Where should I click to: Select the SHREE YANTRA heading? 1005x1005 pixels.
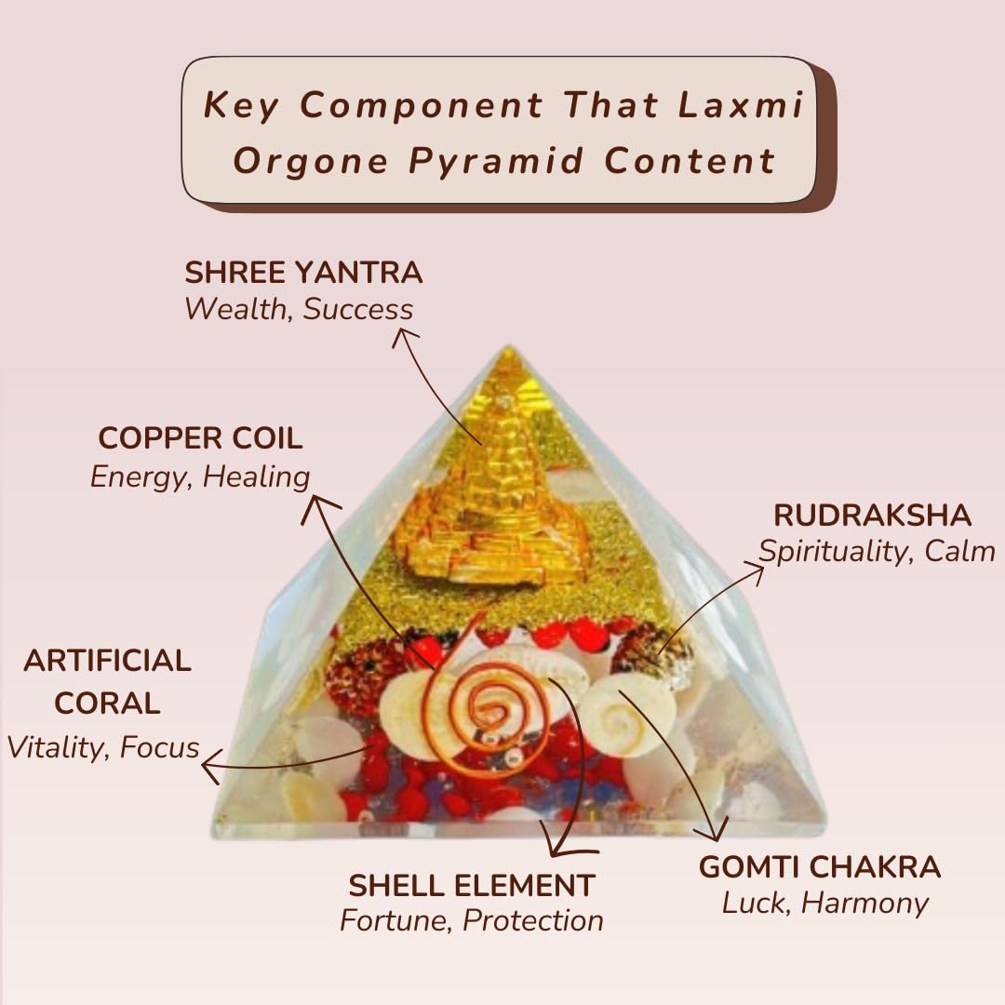(303, 273)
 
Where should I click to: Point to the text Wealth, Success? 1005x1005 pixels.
(299, 309)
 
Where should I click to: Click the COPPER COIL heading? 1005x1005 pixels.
(200, 438)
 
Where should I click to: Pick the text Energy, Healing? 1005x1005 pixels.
(200, 476)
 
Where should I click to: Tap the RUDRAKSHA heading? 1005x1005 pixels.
(873, 515)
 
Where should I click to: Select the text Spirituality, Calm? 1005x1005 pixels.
(877, 551)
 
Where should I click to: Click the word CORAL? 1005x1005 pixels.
(107, 703)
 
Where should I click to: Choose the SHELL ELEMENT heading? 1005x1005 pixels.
(472, 884)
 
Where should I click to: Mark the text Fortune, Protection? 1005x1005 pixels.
(472, 921)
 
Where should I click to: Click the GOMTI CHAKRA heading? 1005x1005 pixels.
(820, 867)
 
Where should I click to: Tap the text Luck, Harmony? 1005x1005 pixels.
(825, 904)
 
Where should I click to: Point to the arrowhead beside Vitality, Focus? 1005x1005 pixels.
(208, 768)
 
